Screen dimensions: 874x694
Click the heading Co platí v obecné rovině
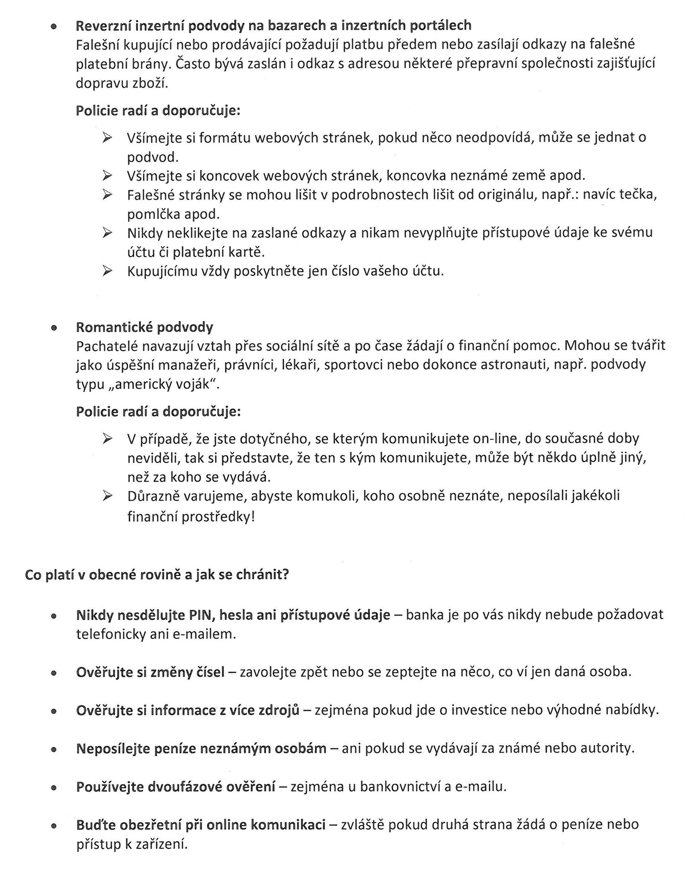157,574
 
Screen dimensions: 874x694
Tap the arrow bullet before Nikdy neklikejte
107,233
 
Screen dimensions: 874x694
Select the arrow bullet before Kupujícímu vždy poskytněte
107,270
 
